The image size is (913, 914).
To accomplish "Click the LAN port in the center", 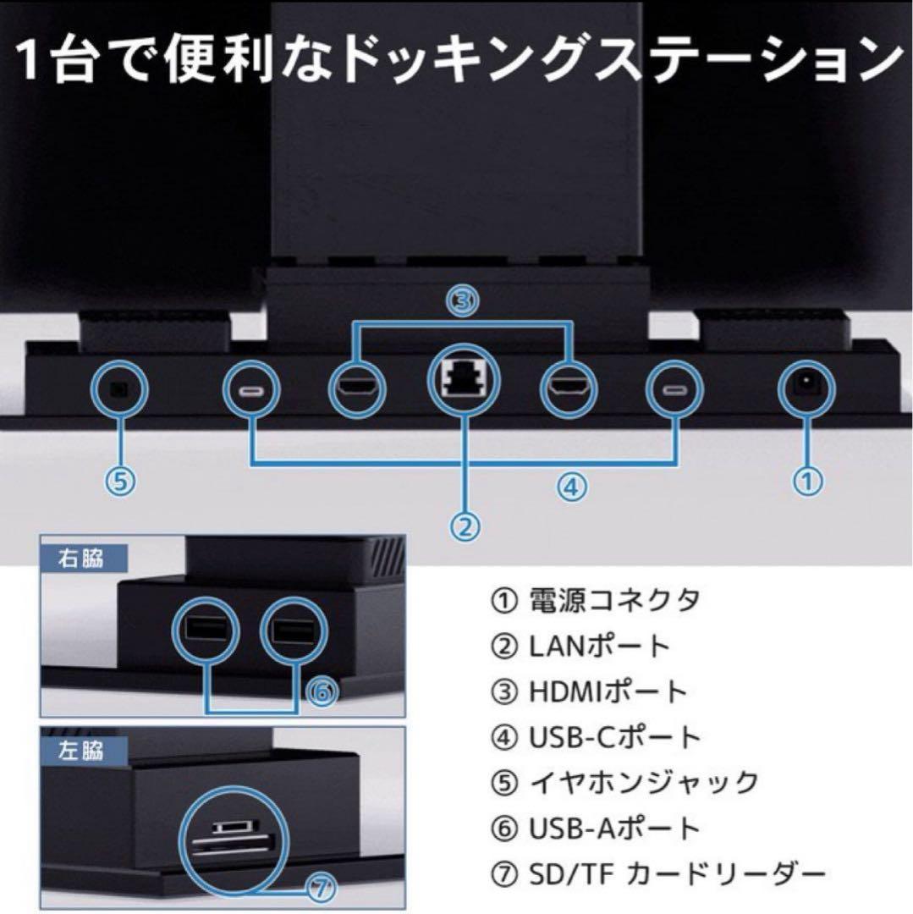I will click(x=462, y=383).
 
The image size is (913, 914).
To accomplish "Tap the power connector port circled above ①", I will click(x=805, y=388).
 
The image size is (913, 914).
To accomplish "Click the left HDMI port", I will click(x=355, y=389).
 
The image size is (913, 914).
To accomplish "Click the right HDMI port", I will click(x=567, y=389).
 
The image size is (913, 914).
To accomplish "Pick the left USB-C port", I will click(x=250, y=390).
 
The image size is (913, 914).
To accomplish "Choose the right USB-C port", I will click(x=674, y=390).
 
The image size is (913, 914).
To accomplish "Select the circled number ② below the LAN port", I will click(x=464, y=526).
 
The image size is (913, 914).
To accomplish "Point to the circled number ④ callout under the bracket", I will click(x=571, y=486).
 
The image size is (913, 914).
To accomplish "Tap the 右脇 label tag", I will click(x=82, y=559).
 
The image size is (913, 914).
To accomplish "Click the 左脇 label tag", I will click(x=82, y=750).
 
